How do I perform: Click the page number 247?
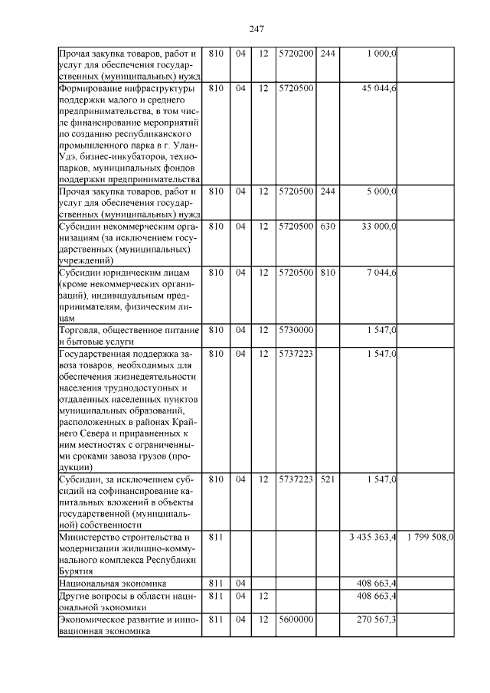click(256, 29)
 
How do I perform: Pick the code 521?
click(328, 479)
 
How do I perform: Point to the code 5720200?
click(296, 54)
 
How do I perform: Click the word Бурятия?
click(77, 571)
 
